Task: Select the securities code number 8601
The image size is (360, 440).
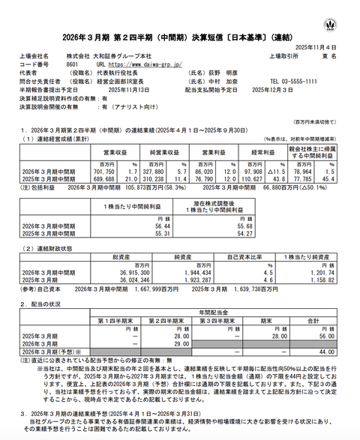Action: [73, 65]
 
